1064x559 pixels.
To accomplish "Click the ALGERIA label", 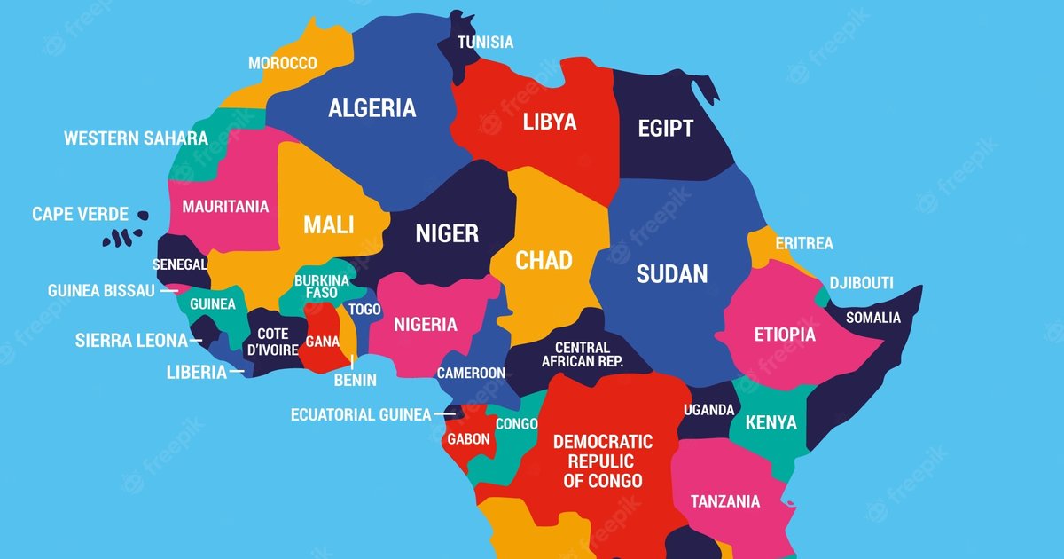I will [372, 108].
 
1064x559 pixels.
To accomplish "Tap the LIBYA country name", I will [549, 122].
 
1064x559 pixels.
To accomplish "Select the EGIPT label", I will [665, 129].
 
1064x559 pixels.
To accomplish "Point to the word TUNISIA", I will [485, 42].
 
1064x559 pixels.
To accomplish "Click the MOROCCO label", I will [282, 63].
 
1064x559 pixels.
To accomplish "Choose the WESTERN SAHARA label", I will [136, 138].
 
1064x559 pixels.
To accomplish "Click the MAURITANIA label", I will [225, 207].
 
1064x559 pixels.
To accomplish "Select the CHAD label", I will [544, 260].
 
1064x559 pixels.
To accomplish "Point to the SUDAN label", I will [671, 274].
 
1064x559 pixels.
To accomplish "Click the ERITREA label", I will [803, 243].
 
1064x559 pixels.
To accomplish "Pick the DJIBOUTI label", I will [861, 283].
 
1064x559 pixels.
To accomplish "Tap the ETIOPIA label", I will [784, 335].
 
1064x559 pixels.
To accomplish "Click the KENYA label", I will [771, 422].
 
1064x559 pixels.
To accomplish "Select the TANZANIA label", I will [724, 501].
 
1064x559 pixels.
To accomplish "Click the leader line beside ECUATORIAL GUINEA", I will [449, 414].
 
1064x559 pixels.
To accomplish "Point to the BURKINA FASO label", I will [321, 286].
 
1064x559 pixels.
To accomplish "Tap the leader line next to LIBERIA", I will [237, 373].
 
